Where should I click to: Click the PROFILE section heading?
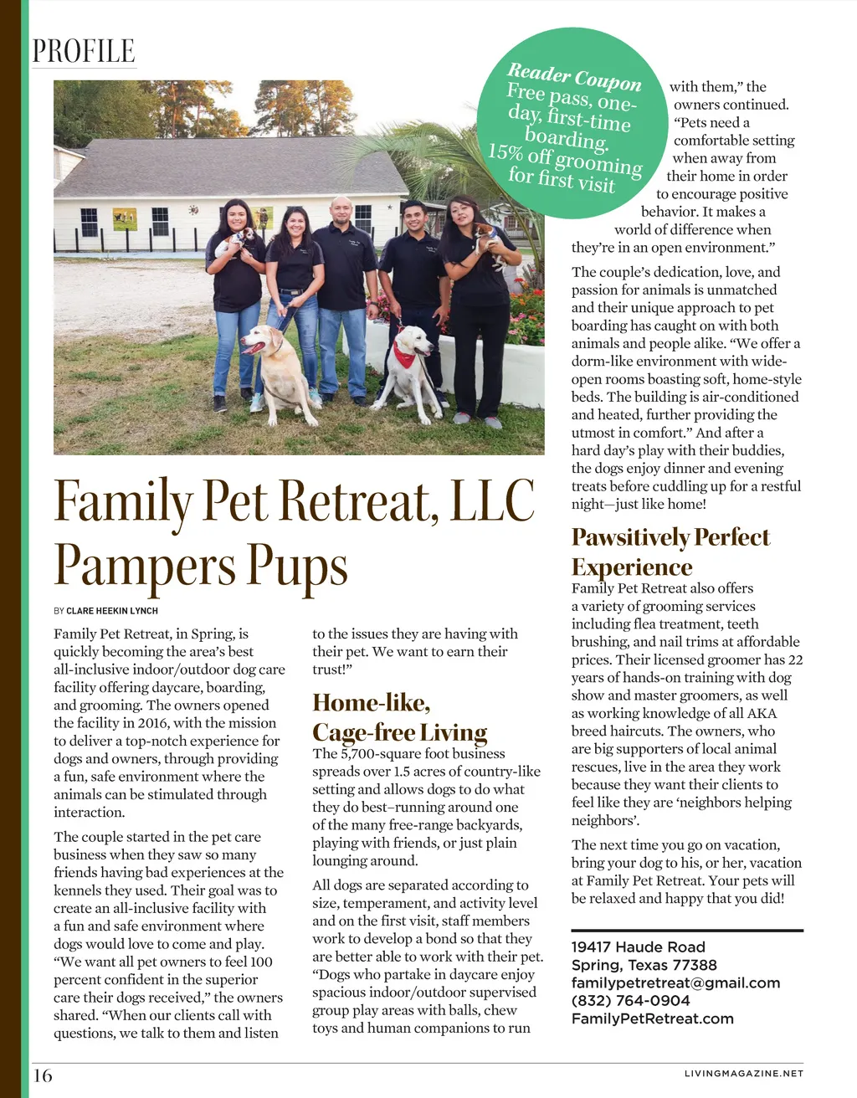[83, 51]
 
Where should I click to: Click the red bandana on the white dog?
[405, 355]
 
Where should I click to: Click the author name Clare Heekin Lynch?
[112, 611]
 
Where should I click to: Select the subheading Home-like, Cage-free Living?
[399, 717]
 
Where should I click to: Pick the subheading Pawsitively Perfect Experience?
[670, 552]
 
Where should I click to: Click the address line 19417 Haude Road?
[638, 947]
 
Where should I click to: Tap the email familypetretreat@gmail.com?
[675, 983]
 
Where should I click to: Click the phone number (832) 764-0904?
[630, 1000]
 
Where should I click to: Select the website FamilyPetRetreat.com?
[652, 1018]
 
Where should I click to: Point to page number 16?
[42, 1075]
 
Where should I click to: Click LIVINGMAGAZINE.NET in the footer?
[743, 1073]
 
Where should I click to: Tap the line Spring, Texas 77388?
[644, 965]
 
